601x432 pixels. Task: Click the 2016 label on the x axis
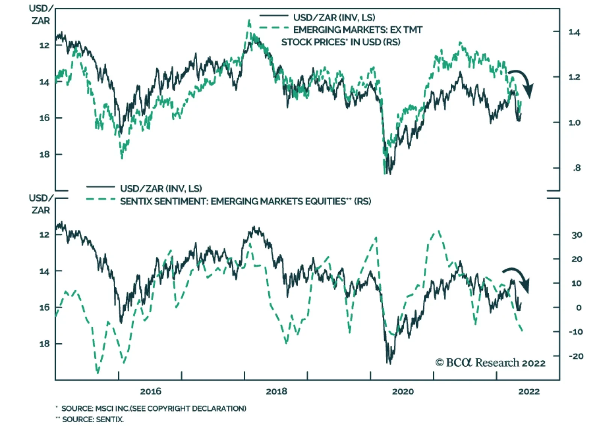[150, 391]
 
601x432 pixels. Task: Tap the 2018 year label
[276, 391]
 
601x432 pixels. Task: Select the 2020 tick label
[403, 391]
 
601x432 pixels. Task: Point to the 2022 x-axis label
[529, 391]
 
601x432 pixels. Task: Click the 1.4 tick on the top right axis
[574, 32]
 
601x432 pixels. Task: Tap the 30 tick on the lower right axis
[577, 235]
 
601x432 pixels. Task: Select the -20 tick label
[575, 356]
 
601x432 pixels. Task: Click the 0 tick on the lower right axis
[578, 308]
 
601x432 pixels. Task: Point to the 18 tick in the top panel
[44, 154]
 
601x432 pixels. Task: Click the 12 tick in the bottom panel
[44, 235]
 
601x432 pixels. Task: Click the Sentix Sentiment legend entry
[245, 201]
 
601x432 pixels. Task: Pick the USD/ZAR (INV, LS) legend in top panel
[334, 17]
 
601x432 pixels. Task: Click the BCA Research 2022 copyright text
[490, 363]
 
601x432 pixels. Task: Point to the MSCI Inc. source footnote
[154, 408]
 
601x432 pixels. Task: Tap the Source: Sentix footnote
[92, 419]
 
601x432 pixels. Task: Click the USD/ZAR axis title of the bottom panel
[40, 204]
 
